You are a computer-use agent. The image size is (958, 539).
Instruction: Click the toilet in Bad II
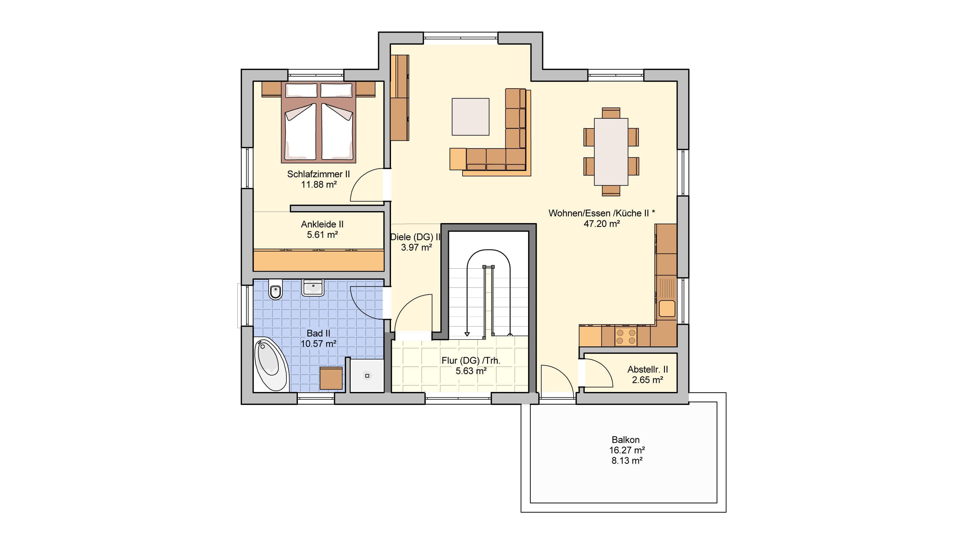(x=275, y=289)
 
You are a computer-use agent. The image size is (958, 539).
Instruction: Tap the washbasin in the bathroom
(x=313, y=287)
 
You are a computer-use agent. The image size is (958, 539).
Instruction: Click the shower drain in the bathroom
(x=367, y=376)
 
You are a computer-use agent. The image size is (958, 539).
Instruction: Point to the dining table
(x=611, y=152)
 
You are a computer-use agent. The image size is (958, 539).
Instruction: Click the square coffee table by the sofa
(x=470, y=117)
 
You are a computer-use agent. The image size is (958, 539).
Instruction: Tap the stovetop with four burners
(x=626, y=336)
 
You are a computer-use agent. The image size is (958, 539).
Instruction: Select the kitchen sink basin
(x=667, y=308)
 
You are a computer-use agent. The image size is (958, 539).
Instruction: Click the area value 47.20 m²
(x=602, y=224)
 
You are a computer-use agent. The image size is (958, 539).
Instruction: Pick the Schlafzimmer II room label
(x=319, y=174)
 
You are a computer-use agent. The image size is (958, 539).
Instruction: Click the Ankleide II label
(x=322, y=224)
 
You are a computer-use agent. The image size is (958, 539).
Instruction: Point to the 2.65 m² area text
(x=648, y=380)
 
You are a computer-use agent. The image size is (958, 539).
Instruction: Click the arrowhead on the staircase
(x=467, y=334)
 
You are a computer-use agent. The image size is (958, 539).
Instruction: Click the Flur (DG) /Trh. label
(x=471, y=361)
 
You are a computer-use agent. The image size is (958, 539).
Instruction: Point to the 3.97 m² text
(x=416, y=247)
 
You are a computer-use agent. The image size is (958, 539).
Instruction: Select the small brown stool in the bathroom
(x=331, y=378)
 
